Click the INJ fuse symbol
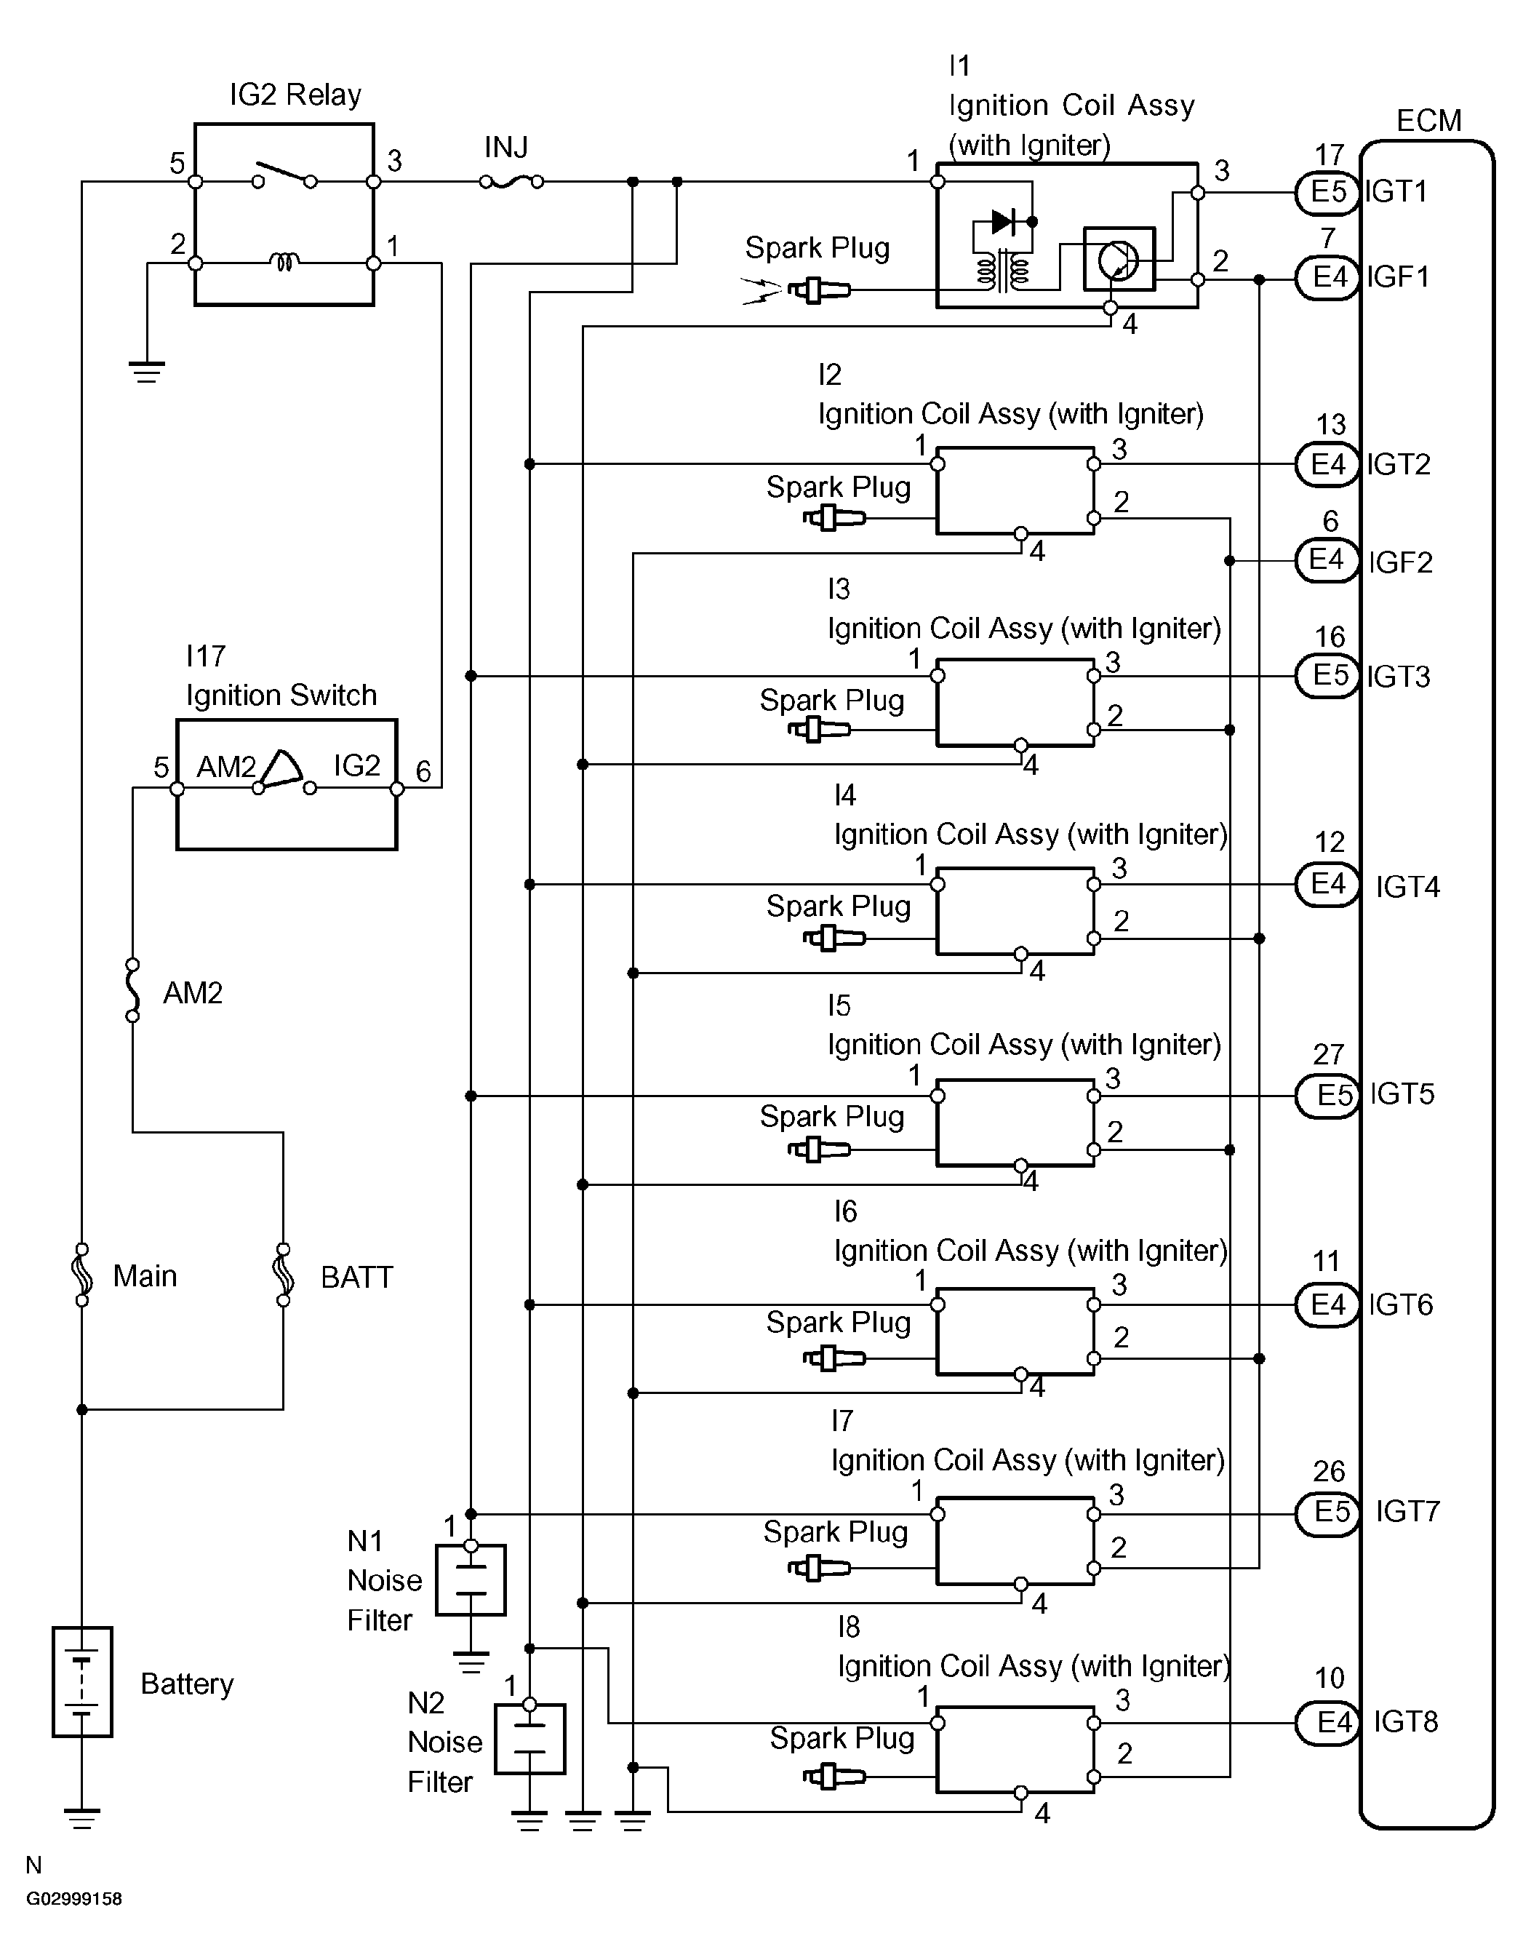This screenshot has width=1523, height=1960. pos(511,181)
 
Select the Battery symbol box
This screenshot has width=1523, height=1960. pos(81,1682)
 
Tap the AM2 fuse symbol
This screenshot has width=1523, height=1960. pos(133,990)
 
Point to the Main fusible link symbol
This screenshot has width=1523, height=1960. pos(81,1275)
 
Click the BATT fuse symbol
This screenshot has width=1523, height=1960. pos(284,1275)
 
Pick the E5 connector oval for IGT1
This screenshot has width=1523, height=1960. pos(1328,192)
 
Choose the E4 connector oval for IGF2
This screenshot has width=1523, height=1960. pos(1327,561)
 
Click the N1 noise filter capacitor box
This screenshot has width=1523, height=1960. pos(471,1579)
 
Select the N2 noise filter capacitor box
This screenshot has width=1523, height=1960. pos(530,1740)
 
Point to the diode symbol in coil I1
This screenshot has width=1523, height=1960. pos(1004,222)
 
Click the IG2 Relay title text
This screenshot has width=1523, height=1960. pos(295,95)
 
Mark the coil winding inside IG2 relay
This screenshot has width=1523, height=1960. pos(284,263)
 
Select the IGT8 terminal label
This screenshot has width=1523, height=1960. pos(1405,1722)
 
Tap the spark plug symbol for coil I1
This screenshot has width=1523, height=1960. pos(818,290)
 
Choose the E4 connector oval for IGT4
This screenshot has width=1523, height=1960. pos(1327,885)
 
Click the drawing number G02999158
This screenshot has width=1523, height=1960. pos(73,1899)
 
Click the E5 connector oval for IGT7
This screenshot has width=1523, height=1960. pos(1328,1512)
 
